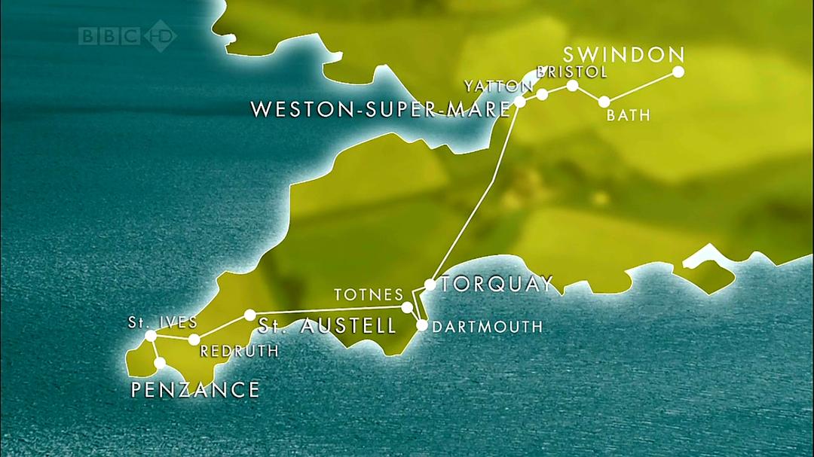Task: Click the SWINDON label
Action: pos(623,54)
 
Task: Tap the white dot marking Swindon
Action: pos(678,72)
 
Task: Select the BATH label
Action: pos(628,116)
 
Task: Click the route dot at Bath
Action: pos(604,102)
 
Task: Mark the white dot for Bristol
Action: pos(572,85)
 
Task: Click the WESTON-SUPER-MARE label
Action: pos(381,109)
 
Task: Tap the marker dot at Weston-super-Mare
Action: pos(519,102)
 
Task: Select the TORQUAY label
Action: pos(497,284)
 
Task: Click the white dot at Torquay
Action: pos(430,285)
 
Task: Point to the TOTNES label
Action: pos(363,294)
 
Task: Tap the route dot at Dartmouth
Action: pos(422,326)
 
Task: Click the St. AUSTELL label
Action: pos(327,326)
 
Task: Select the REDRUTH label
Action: pos(239,351)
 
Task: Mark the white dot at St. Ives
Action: pos(151,336)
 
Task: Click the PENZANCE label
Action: pos(195,390)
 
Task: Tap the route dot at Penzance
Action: pos(160,363)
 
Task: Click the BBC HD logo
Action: pos(127,35)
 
